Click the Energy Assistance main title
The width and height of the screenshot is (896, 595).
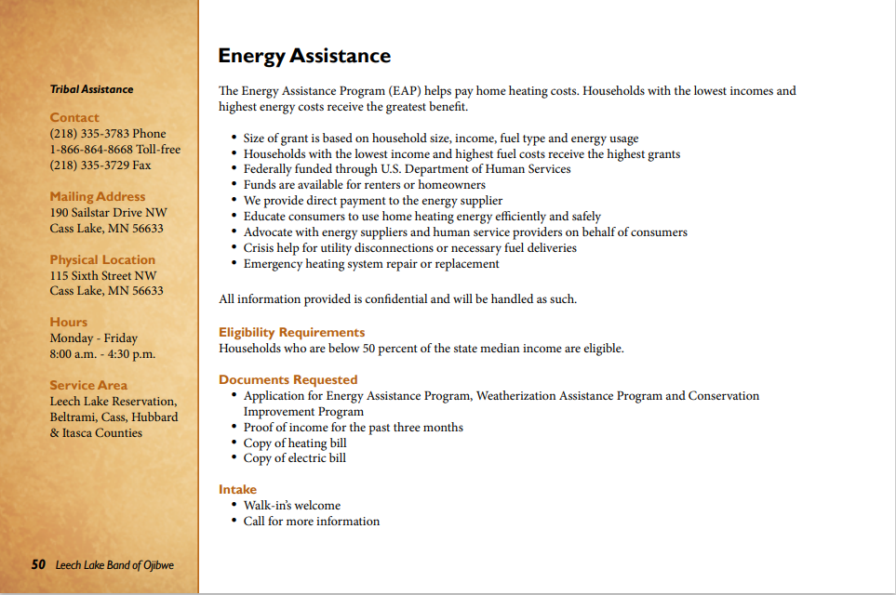(303, 56)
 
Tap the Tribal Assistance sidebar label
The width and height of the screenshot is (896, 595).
(91, 89)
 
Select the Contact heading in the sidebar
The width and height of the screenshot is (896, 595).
(74, 117)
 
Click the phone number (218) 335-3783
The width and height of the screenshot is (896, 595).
(108, 133)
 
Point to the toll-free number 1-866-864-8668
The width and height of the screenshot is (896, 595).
(115, 149)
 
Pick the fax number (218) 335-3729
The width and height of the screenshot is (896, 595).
(100, 165)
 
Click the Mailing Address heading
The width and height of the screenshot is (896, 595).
(98, 196)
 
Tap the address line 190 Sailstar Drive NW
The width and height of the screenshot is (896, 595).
(108, 212)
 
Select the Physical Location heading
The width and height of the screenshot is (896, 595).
(102, 259)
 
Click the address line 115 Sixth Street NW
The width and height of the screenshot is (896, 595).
(103, 275)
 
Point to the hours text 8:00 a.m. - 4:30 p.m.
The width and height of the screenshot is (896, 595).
(102, 354)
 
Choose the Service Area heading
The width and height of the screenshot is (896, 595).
(88, 385)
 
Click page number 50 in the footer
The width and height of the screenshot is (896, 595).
(38, 564)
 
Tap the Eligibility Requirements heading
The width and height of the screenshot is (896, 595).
(291, 332)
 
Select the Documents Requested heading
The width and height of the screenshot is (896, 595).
(288, 379)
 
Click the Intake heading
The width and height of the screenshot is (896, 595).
(237, 489)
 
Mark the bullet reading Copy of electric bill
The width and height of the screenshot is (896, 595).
(294, 458)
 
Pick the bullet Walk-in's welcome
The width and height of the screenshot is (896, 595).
(292, 506)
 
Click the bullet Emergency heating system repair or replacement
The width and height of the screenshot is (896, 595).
(371, 264)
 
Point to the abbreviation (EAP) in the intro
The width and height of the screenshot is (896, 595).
(403, 91)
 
